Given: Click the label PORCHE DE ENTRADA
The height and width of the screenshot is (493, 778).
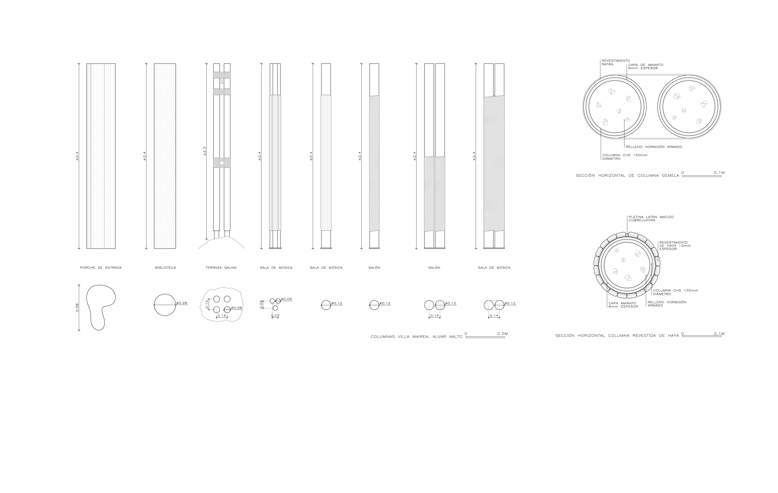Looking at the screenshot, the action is [x=101, y=268].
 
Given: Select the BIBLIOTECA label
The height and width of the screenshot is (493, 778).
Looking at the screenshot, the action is [x=165, y=268].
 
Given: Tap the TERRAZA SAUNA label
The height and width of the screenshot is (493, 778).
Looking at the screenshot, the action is [x=221, y=268].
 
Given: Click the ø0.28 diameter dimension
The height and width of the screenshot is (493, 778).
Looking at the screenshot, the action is [x=182, y=303].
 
